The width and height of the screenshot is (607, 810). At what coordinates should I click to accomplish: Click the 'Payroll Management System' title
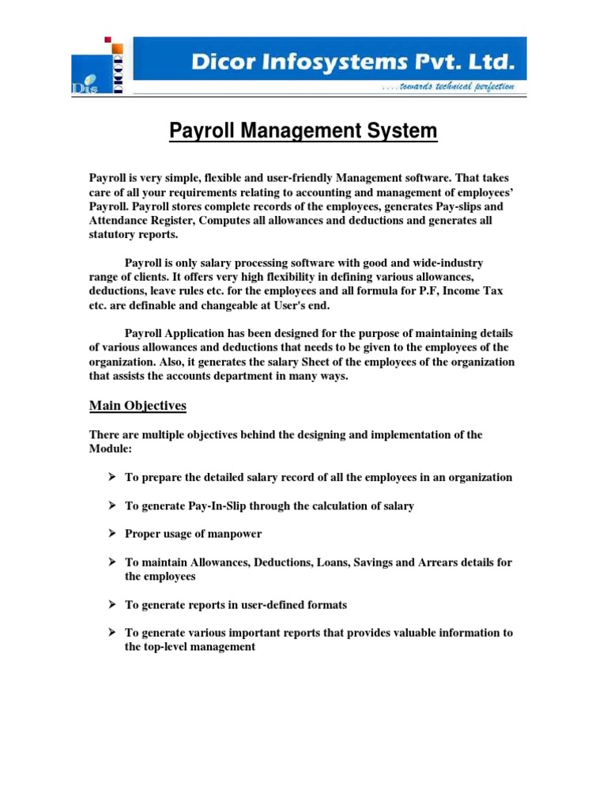pyautogui.click(x=303, y=131)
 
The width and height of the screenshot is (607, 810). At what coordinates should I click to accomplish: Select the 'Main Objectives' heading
pyautogui.click(x=138, y=406)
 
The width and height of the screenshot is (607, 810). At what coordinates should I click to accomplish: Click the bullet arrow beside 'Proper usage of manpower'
pyautogui.click(x=111, y=534)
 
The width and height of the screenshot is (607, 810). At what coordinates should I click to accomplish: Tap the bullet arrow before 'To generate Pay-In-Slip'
pyautogui.click(x=111, y=505)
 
